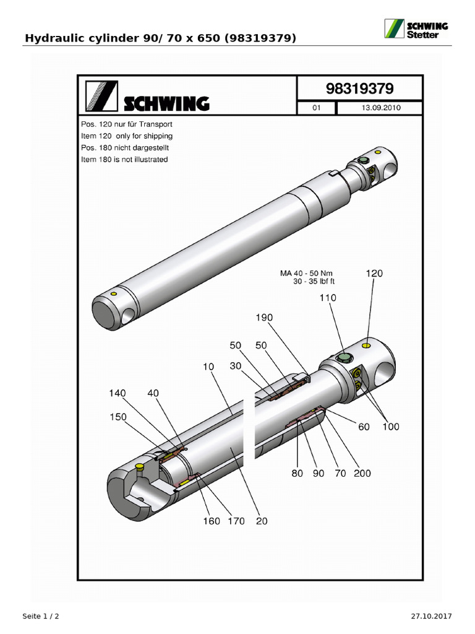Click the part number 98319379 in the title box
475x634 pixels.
click(x=359, y=89)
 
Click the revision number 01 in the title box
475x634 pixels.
click(x=317, y=108)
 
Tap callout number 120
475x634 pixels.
click(x=375, y=272)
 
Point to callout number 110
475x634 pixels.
click(x=328, y=298)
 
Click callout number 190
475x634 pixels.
click(x=264, y=318)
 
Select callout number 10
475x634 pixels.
click(x=207, y=367)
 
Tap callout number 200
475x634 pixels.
click(x=362, y=474)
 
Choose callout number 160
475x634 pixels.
click(x=212, y=521)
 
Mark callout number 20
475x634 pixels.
click(x=262, y=521)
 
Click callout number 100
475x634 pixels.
click(x=391, y=427)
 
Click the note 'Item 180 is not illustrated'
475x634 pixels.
click(x=124, y=160)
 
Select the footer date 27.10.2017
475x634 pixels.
click(x=432, y=617)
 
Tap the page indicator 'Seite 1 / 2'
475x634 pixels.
click(x=41, y=617)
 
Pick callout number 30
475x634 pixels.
click(x=236, y=366)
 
